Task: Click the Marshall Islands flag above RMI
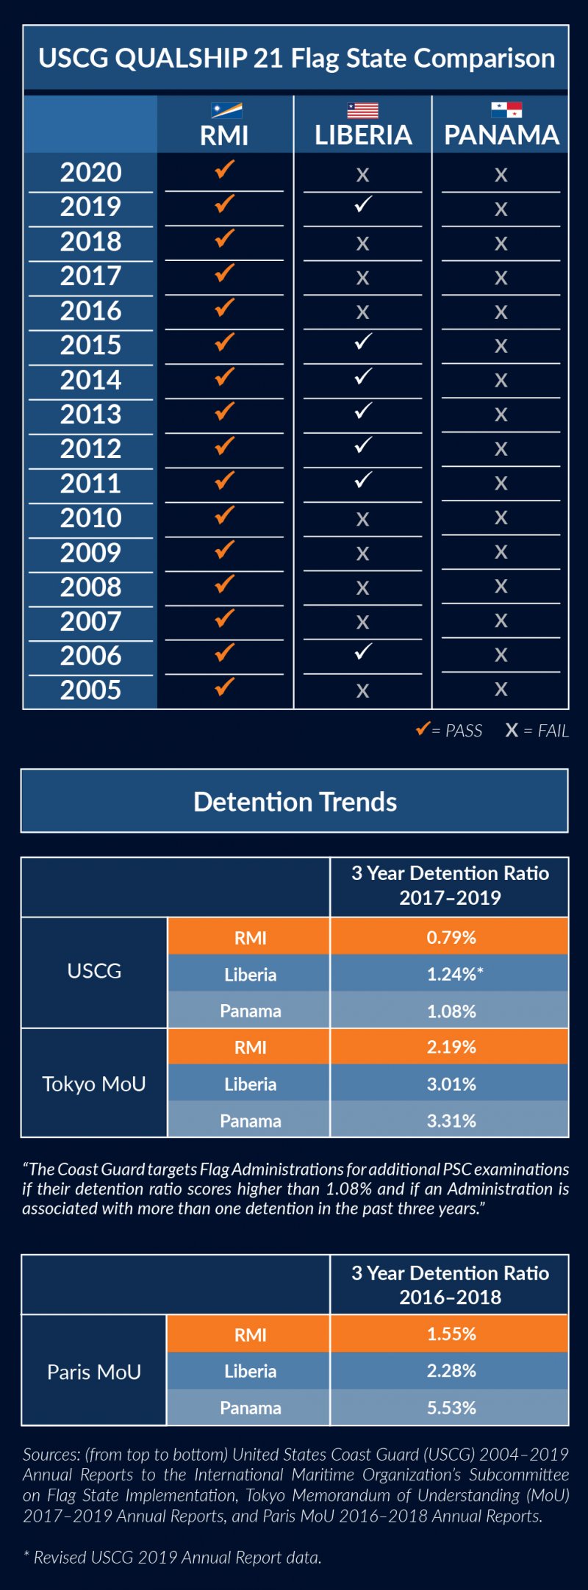pos(226,111)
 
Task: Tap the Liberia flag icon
pos(362,111)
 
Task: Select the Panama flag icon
pos(506,110)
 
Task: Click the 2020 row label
pos(91,173)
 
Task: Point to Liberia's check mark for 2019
pos(363,204)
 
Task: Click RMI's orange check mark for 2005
pos(224,687)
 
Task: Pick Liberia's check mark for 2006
pos(363,651)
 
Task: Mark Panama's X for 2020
pos(501,175)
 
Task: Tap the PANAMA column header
pos(502,135)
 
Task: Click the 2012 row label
pos(91,449)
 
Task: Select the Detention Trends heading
pos(295,801)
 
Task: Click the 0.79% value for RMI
pos(451,937)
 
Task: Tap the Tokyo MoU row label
pos(94,1084)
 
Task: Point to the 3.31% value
pos(451,1121)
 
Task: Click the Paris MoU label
pos(94,1372)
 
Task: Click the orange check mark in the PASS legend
pos(422,728)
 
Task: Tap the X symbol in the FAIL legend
pos(512,730)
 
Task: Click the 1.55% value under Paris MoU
pos(451,1333)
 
